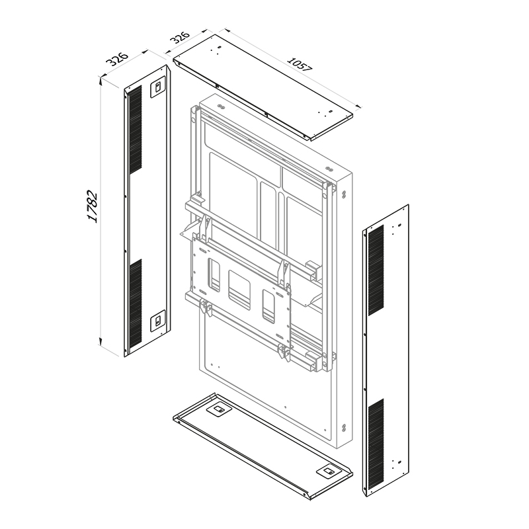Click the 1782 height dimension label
[92, 206]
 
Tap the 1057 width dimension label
[300, 64]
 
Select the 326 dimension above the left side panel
[117, 59]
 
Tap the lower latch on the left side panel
[157, 321]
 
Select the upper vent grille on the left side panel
[135, 130]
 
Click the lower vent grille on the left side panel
[136, 303]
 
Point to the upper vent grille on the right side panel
[376, 270]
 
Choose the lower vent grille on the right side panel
[376, 444]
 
